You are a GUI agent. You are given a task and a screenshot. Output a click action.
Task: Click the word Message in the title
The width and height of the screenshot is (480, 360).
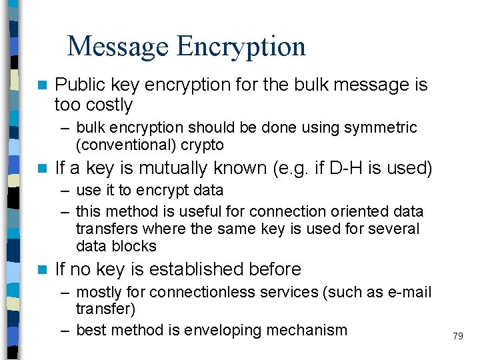(x=118, y=46)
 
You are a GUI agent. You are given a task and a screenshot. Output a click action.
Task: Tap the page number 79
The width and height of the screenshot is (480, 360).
(x=457, y=337)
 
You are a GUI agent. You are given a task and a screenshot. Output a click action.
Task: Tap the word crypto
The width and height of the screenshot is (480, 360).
(x=200, y=145)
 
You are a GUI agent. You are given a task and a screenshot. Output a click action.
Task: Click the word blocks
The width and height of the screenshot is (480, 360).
(x=135, y=246)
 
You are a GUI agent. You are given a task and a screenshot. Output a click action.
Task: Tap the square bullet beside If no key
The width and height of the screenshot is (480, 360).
(x=43, y=270)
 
